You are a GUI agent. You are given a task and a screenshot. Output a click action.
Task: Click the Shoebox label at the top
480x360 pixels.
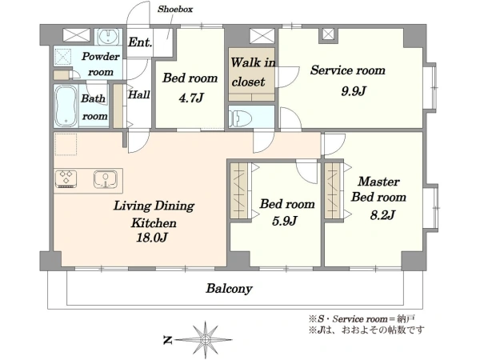point(175,9)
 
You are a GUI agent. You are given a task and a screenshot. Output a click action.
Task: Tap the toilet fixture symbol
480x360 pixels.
point(241,118)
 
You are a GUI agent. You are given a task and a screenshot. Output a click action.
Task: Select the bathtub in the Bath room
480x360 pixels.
point(66,106)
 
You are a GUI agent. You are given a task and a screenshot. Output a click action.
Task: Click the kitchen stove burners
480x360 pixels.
point(66,178)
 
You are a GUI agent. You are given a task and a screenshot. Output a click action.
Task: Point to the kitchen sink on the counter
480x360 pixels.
point(106,179)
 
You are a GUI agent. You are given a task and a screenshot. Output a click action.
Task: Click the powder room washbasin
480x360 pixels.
point(108,37)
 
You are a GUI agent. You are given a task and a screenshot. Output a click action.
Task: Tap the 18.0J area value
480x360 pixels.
point(152,238)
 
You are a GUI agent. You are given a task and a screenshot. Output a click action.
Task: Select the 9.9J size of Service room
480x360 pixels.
point(354,91)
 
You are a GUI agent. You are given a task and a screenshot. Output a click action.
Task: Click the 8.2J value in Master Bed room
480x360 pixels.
point(382,215)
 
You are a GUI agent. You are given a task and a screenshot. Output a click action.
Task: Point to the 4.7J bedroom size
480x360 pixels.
point(191,98)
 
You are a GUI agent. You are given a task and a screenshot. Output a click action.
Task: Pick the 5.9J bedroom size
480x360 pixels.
point(285,221)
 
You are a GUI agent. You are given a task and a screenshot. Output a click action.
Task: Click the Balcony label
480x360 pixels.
point(229,288)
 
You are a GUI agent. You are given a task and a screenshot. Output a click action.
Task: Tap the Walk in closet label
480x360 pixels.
point(253,72)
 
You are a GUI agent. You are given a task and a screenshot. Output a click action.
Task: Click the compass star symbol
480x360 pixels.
point(206,339)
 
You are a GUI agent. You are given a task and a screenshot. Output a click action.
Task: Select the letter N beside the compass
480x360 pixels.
point(167,340)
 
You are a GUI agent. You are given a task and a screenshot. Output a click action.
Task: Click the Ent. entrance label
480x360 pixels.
point(140,42)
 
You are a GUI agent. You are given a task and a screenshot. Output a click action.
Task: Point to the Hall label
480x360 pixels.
point(139,94)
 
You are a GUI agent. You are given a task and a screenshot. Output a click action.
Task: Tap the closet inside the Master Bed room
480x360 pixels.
point(333,190)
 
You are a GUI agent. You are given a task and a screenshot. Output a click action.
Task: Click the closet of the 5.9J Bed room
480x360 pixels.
point(238,190)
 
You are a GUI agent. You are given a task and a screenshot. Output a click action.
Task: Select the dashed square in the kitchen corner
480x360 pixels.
point(66,144)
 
